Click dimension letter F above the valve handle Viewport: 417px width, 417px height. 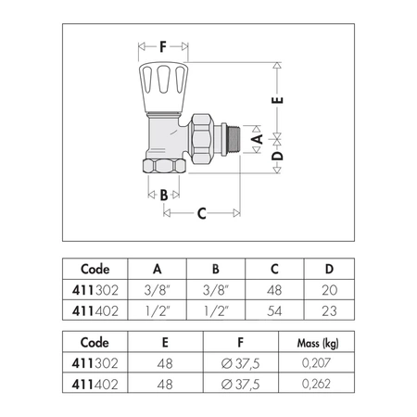pyautogui.click(x=163, y=47)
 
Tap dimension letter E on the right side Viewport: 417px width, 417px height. pyautogui.click(x=277, y=100)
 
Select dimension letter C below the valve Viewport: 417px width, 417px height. pyautogui.click(x=202, y=213)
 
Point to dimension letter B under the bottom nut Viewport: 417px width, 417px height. pyautogui.click(x=164, y=195)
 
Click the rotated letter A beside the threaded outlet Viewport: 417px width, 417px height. pyautogui.click(x=257, y=139)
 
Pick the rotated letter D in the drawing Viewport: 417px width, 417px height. pyautogui.click(x=277, y=156)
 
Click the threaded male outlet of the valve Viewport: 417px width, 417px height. pyautogui.click(x=234, y=139)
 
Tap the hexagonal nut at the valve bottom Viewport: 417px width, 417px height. pyautogui.click(x=164, y=166)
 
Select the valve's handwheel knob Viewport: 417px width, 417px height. pyautogui.click(x=163, y=87)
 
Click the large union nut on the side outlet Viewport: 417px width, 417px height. pyautogui.click(x=201, y=139)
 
